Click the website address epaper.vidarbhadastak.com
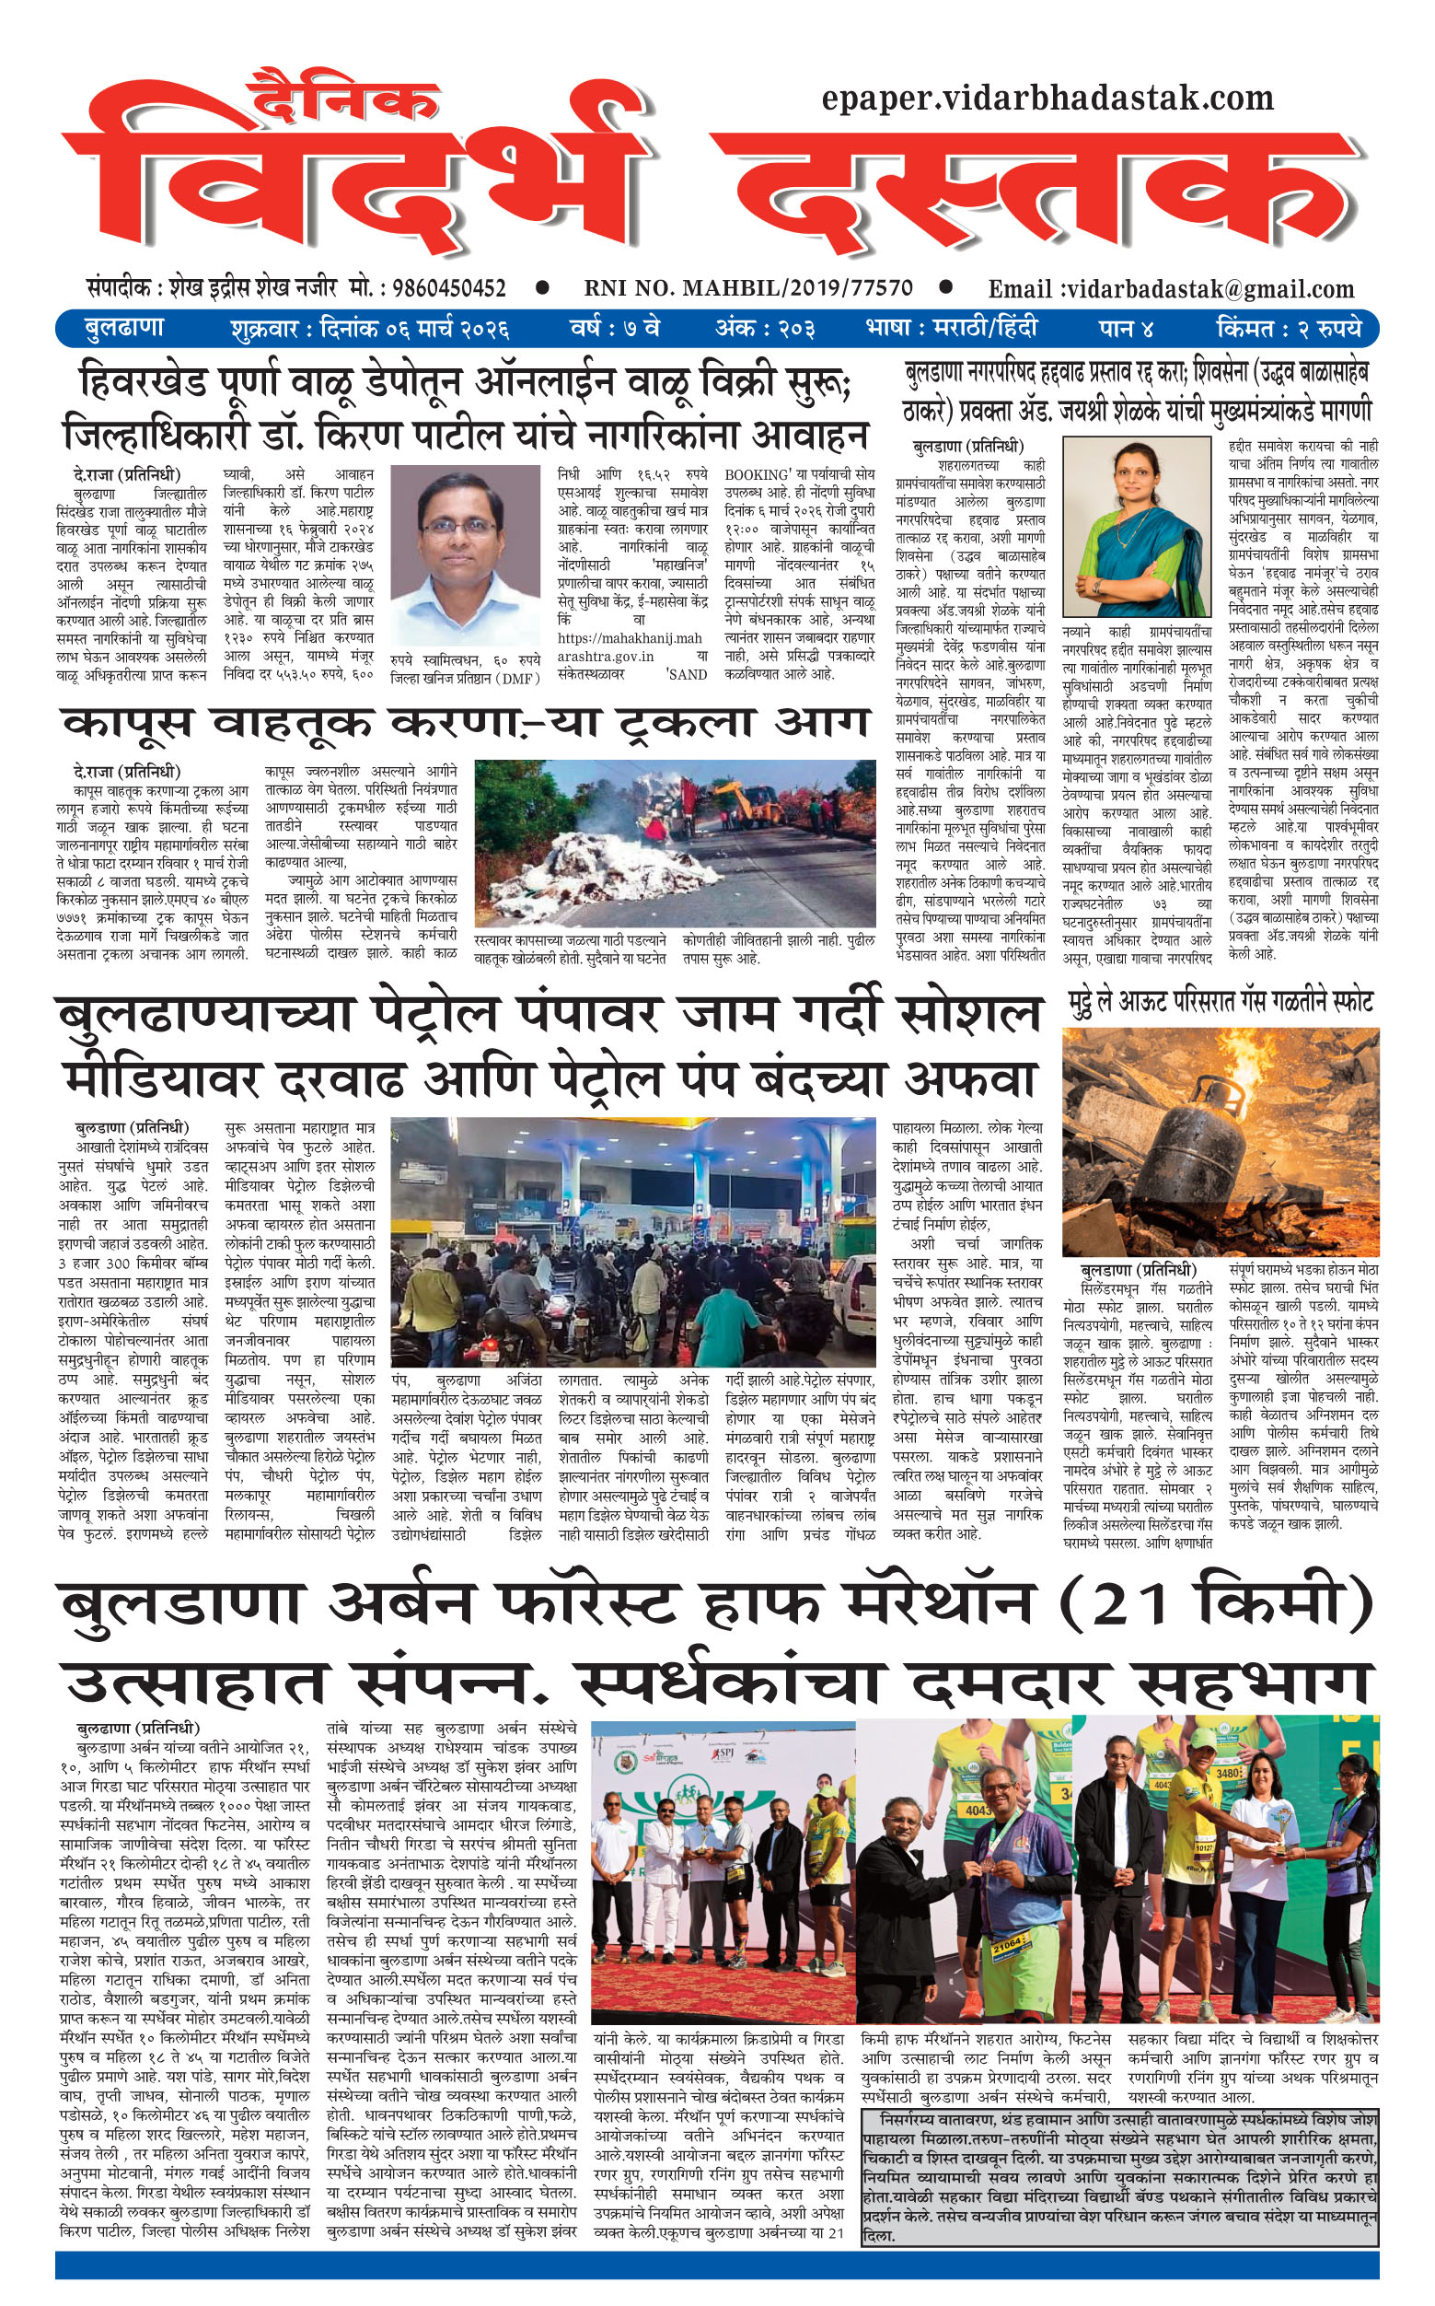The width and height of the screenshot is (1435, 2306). [x=1047, y=98]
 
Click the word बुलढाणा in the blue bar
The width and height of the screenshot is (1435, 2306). [x=124, y=329]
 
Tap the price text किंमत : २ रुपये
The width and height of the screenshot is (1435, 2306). [x=1288, y=329]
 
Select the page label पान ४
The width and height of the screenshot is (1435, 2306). [x=1127, y=329]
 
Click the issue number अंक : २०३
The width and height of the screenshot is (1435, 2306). [x=765, y=329]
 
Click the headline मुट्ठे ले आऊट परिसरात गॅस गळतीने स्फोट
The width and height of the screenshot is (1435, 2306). [x=1220, y=1003]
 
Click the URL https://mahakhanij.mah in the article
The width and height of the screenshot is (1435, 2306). [x=630, y=638]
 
